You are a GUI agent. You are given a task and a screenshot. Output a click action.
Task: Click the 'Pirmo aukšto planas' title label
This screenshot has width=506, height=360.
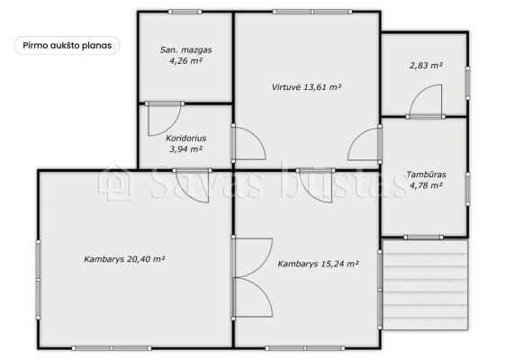(68, 46)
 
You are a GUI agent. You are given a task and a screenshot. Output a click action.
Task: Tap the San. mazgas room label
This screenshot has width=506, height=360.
(185, 50)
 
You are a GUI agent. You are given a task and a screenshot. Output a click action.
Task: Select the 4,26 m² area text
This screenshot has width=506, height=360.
(185, 60)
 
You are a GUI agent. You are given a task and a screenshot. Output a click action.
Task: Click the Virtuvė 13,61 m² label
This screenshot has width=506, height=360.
(306, 87)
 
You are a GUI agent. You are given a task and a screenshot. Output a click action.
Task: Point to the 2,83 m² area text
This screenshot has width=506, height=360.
(426, 66)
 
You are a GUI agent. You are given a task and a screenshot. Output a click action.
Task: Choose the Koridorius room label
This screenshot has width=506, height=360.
(185, 139)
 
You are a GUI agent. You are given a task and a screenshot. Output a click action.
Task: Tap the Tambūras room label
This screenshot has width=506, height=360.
(426, 175)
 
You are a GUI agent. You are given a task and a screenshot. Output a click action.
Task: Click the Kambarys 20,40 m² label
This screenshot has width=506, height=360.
(124, 259)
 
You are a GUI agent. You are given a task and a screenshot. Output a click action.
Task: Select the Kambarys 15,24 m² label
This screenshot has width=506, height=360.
(318, 264)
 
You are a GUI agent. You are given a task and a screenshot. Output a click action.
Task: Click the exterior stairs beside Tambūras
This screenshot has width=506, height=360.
(425, 284)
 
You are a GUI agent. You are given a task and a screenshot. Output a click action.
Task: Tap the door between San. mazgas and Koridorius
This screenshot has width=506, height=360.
(164, 119)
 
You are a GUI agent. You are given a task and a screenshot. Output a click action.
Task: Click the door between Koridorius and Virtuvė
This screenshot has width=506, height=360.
(248, 142)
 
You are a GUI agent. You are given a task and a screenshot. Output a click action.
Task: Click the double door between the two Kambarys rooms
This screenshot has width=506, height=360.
(252, 277)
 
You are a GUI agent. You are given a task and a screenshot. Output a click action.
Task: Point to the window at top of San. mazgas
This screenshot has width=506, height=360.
(185, 12)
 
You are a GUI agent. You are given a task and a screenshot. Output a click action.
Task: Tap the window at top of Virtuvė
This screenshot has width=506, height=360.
(312, 12)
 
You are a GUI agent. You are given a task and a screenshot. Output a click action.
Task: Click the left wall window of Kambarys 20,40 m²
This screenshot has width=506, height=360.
(39, 280)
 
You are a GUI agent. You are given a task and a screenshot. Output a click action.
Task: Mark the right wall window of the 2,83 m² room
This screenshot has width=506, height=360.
(467, 83)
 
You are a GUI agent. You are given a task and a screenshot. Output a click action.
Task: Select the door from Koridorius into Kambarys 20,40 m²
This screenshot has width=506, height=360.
(192, 185)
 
